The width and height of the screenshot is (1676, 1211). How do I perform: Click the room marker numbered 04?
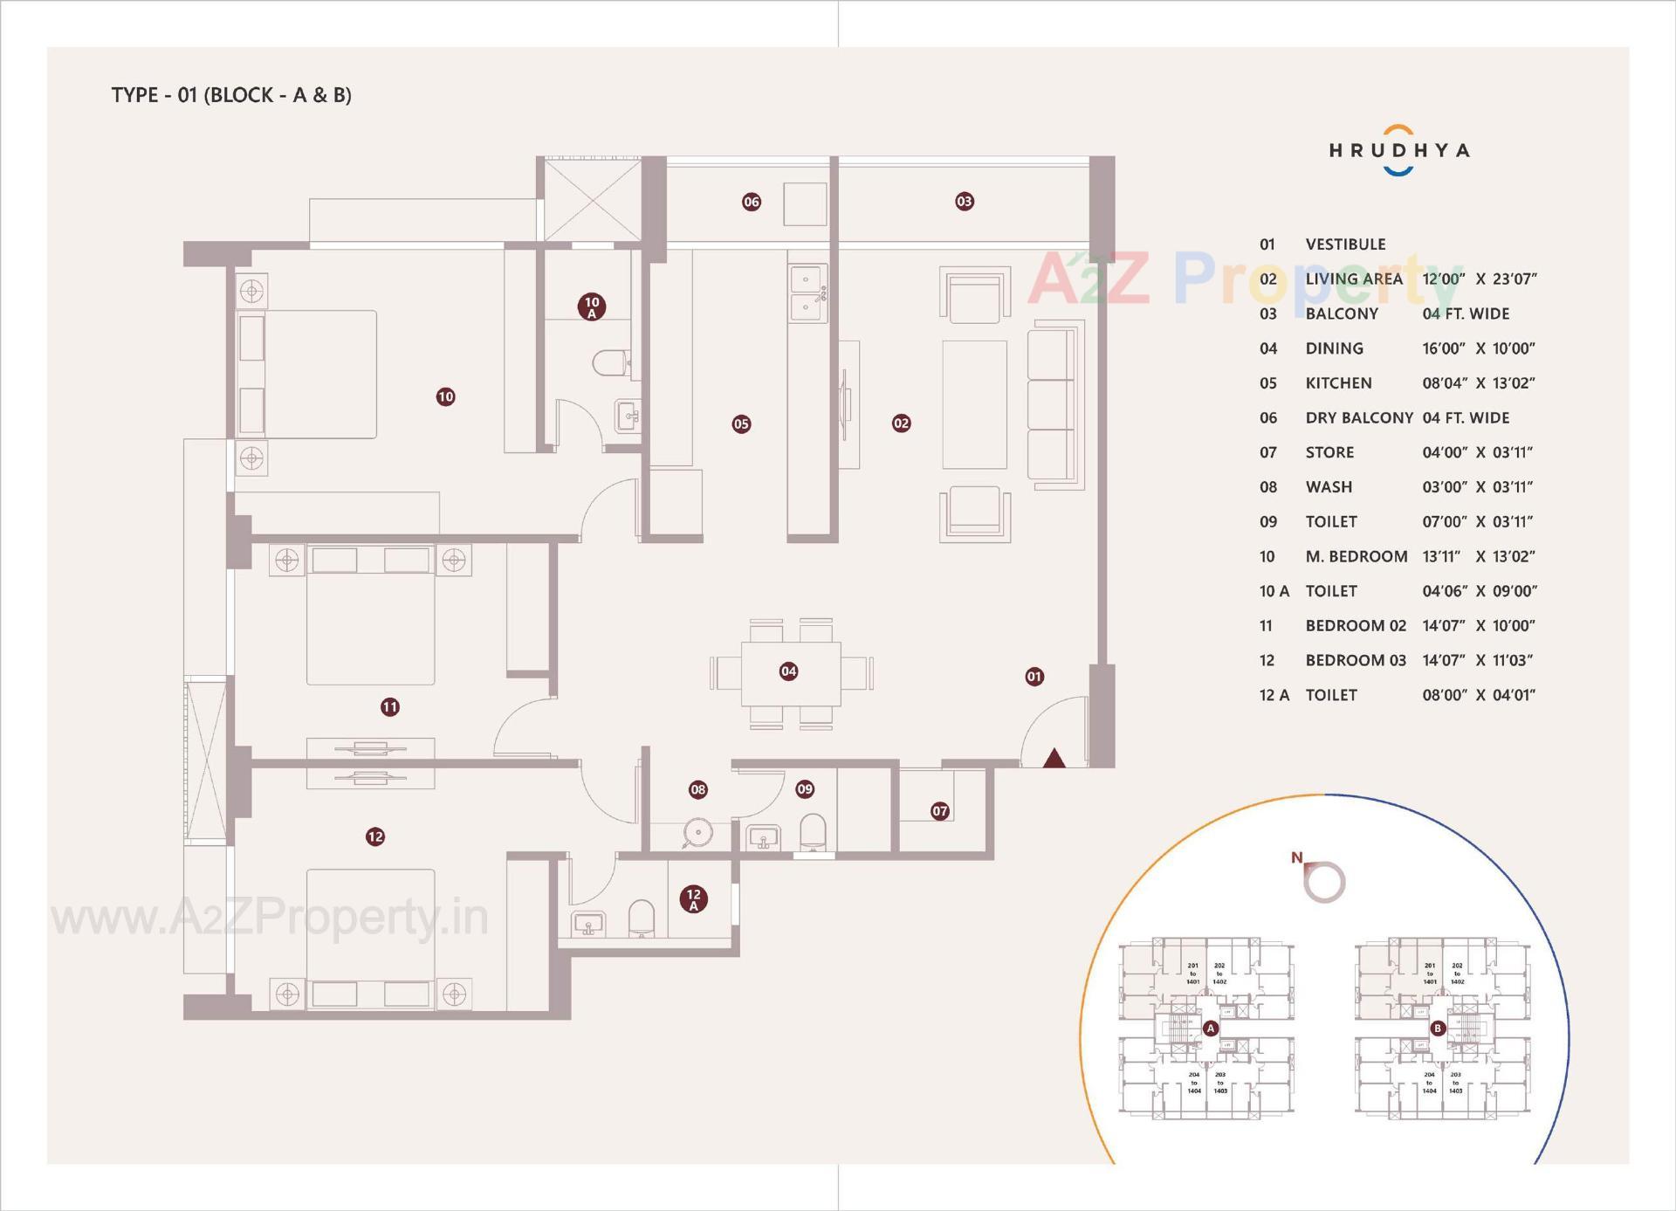(x=788, y=671)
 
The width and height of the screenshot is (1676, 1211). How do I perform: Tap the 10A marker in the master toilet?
(x=592, y=306)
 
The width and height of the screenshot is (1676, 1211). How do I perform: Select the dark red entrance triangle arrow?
(x=1054, y=758)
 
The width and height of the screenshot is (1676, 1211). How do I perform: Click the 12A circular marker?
(x=693, y=898)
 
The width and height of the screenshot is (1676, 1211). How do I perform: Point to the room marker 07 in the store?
(x=939, y=811)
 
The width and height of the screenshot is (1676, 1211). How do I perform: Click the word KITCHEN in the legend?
(x=1338, y=383)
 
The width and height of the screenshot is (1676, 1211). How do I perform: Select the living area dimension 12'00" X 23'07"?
(x=1479, y=279)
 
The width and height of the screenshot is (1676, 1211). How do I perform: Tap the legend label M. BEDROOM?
(x=1356, y=556)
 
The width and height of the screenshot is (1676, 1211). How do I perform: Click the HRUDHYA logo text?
(x=1398, y=150)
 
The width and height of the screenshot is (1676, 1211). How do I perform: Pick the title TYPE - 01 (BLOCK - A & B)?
(x=231, y=95)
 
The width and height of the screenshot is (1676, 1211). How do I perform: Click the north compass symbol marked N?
(x=1322, y=879)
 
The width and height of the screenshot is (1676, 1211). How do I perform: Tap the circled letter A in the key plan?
(x=1211, y=1029)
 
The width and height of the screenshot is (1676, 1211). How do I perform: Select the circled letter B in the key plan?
(x=1438, y=1029)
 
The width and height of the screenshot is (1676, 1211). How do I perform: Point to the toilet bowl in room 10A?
(x=611, y=362)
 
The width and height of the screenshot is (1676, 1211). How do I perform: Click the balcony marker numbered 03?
(x=964, y=202)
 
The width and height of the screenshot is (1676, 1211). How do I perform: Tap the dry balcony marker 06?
(x=751, y=203)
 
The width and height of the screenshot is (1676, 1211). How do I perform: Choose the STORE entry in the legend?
(x=1329, y=452)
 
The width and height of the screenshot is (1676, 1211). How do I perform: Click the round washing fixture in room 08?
(x=697, y=832)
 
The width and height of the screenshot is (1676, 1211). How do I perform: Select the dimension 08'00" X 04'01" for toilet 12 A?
(x=1479, y=695)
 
